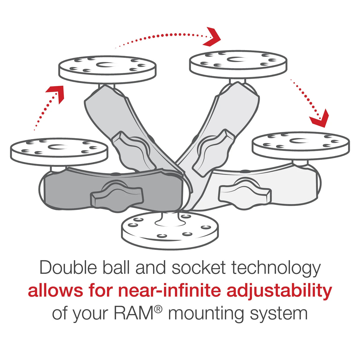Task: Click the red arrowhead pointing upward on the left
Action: coord(56,93)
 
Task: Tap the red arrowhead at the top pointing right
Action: coord(212,37)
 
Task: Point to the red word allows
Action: coord(55,291)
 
